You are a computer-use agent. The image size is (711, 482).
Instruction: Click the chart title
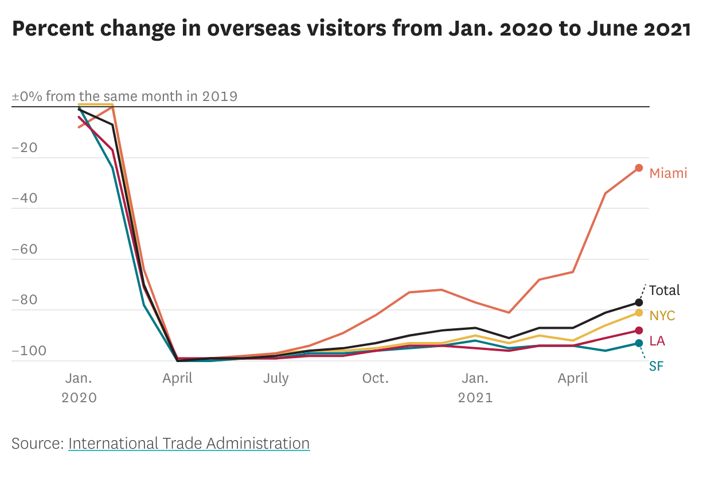(x=351, y=29)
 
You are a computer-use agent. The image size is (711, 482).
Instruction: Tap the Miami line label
(x=668, y=173)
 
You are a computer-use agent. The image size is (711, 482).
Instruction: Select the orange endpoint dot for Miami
(x=639, y=168)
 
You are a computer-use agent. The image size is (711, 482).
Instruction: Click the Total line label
(x=664, y=290)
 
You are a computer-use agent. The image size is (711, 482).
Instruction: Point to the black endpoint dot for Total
(x=639, y=302)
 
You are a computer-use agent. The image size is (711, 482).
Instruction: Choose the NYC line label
(x=662, y=316)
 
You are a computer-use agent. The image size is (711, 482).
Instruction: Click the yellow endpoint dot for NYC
(x=639, y=313)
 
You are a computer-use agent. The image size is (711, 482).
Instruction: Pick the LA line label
(x=657, y=341)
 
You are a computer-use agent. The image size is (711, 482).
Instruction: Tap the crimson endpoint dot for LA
(x=639, y=331)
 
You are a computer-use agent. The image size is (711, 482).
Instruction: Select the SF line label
(x=656, y=366)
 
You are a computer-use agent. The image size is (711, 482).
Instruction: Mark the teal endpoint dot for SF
(x=639, y=343)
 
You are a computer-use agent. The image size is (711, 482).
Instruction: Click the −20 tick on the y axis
(x=25, y=148)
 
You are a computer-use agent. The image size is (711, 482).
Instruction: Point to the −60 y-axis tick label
(x=25, y=250)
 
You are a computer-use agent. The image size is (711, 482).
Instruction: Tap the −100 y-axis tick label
(x=28, y=351)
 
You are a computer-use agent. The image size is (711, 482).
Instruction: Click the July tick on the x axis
(x=276, y=379)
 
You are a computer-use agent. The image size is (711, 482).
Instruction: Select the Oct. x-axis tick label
(x=376, y=379)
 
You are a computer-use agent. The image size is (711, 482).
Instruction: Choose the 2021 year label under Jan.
(x=475, y=398)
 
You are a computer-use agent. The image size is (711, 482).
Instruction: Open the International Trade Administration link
(x=189, y=444)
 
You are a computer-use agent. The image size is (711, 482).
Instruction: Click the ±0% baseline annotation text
(x=124, y=96)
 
